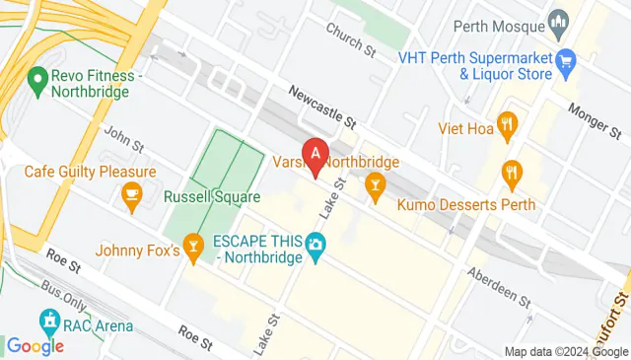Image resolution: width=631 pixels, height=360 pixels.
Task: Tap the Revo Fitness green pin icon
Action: pos(38,76)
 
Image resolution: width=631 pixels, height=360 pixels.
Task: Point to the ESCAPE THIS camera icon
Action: pos(315,244)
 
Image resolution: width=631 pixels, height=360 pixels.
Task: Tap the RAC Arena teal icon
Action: pos(47,321)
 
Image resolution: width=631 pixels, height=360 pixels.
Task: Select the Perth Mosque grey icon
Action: pos(559,21)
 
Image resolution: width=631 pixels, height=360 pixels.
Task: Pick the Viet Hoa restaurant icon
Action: pos(509,123)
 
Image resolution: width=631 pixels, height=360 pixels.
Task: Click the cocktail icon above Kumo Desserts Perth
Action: pos(375,183)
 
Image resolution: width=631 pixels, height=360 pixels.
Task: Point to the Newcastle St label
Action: pos(321,108)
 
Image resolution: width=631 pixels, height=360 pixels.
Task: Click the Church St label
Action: pos(353,38)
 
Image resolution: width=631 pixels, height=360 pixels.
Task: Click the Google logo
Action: pos(35,345)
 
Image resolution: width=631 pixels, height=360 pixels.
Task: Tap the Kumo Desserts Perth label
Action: pos(467,205)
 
